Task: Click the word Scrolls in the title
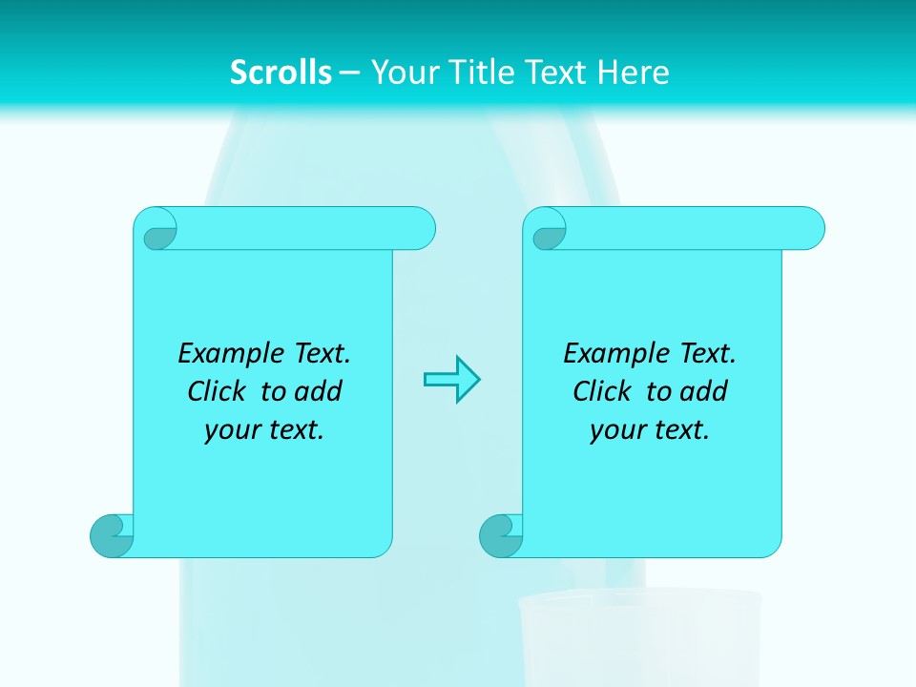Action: pyautogui.click(x=281, y=73)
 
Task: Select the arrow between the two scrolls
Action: pyautogui.click(x=451, y=380)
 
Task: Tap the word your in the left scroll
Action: pyautogui.click(x=231, y=430)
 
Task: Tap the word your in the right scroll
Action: pyautogui.click(x=616, y=430)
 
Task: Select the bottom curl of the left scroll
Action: pyautogui.click(x=111, y=535)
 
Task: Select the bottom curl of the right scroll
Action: pyautogui.click(x=500, y=535)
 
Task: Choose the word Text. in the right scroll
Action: pyautogui.click(x=707, y=354)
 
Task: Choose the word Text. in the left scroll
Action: pyautogui.click(x=322, y=354)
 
